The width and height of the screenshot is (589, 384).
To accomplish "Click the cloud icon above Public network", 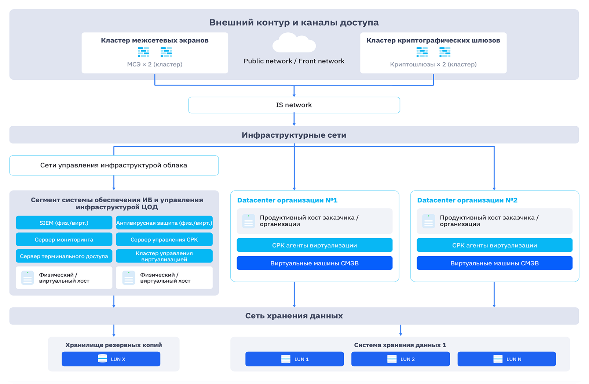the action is coord(294,43).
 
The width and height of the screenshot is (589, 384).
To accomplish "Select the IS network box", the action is coord(294,105).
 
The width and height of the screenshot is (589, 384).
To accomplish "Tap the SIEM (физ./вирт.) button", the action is coord(64,223).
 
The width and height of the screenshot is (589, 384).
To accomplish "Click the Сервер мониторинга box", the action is coord(64,239).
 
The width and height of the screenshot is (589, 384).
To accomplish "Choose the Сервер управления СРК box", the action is coord(164,239).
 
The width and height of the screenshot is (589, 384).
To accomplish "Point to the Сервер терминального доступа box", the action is coord(64,256).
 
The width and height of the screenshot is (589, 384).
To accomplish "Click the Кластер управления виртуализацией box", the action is coord(164,256).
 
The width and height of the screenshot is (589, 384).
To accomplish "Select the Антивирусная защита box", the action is coord(164,223).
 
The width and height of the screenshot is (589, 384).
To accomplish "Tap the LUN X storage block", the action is coord(111,359).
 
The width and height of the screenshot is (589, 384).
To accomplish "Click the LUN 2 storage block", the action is coord(400,359).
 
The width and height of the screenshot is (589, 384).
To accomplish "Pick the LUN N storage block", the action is coord(507,359).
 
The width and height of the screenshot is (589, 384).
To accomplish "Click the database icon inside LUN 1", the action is coord(286,359).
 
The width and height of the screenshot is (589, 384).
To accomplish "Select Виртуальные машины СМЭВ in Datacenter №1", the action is coord(314,263).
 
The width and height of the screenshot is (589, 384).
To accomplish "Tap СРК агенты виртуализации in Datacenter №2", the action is coord(495,245).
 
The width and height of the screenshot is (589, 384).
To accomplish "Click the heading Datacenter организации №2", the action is coord(467,200).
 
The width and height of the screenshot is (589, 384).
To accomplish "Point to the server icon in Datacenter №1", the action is coord(249,221).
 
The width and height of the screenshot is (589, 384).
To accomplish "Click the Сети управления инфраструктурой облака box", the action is coord(114,165).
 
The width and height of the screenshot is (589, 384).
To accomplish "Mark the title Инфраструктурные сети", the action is coord(294,135).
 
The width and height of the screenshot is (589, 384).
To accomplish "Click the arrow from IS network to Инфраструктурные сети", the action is coord(294,119).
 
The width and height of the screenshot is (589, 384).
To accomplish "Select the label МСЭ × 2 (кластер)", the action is coord(155,64).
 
